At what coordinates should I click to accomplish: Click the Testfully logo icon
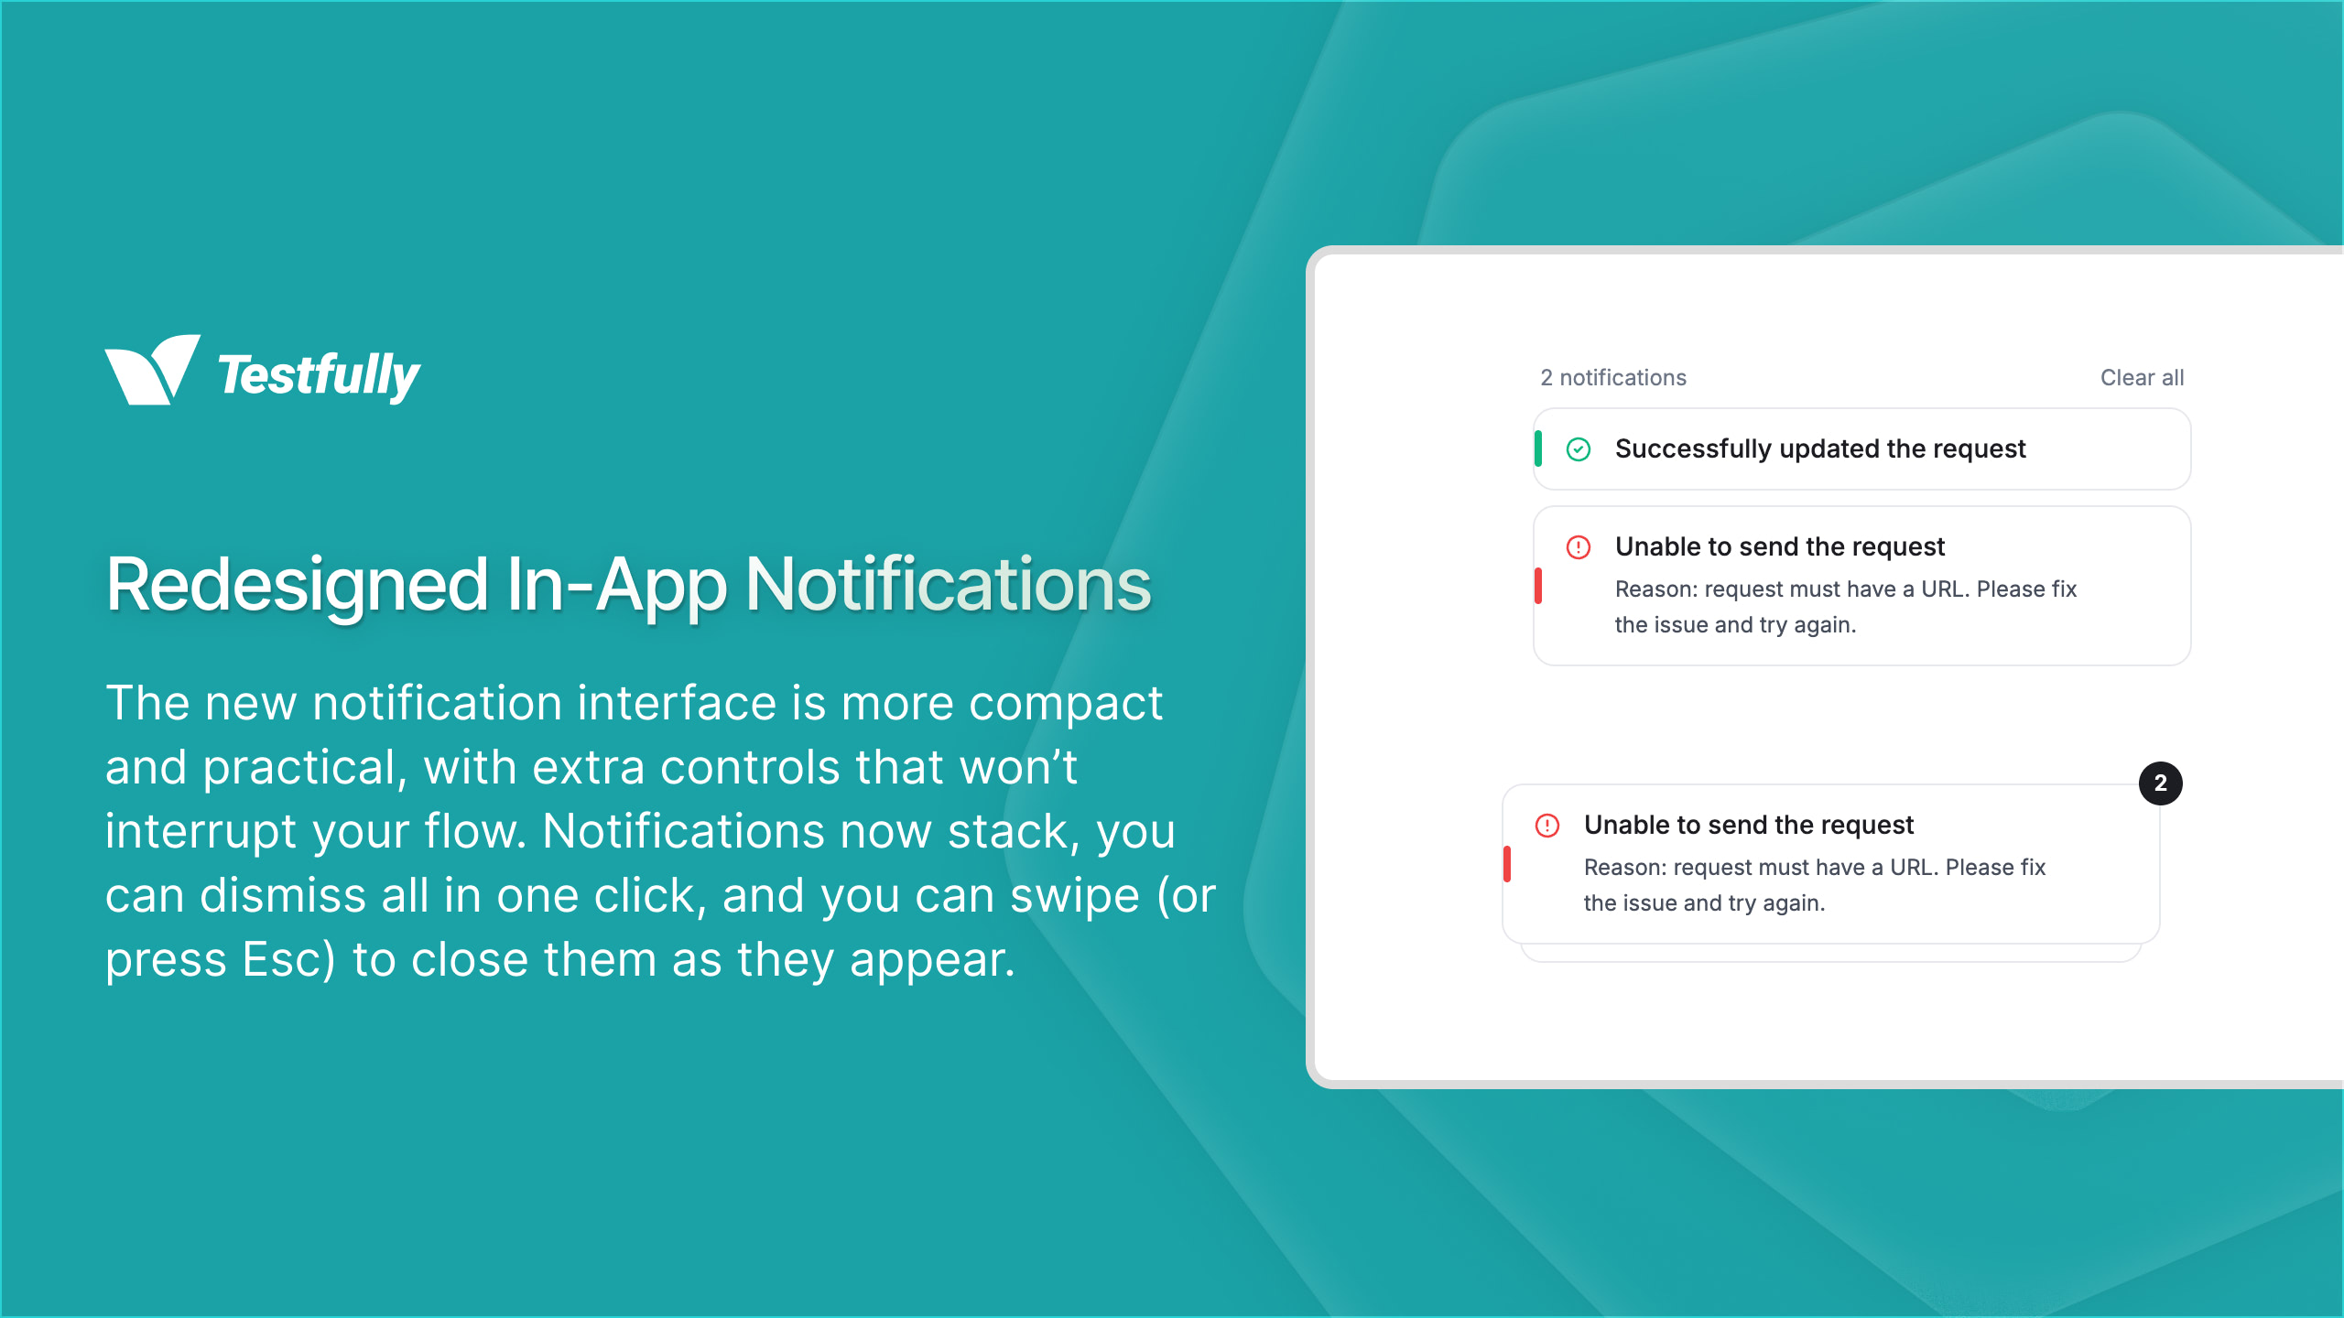[x=151, y=370]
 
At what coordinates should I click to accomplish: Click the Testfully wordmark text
[x=319, y=375]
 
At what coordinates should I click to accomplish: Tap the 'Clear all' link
[x=2141, y=378]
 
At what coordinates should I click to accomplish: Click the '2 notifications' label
[x=1612, y=378]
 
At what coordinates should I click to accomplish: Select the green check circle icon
[x=1578, y=449]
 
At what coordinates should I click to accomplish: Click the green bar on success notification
[x=1538, y=449]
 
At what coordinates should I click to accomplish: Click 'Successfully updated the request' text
[x=1819, y=449]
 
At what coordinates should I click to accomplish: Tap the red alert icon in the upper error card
[x=1578, y=547]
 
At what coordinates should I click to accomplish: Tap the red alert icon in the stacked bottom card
[x=1546, y=826]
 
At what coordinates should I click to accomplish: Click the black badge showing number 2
[x=2160, y=783]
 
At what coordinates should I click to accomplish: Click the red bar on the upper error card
[x=1538, y=586]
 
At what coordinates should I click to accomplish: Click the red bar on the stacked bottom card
[x=1507, y=864]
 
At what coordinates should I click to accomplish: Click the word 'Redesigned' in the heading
[x=297, y=586]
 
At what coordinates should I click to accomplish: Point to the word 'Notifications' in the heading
[x=948, y=586]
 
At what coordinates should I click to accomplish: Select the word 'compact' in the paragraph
[x=1065, y=703]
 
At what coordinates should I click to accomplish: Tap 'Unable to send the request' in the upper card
[x=1778, y=547]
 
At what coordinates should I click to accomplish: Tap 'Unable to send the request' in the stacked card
[x=1748, y=826]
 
